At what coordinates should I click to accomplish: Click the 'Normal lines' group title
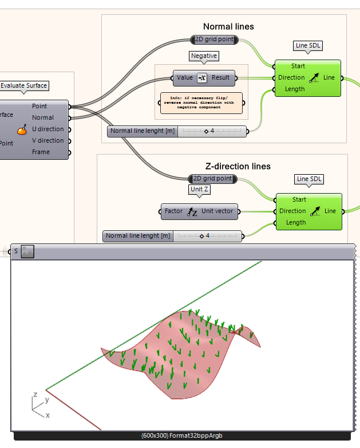click(228, 26)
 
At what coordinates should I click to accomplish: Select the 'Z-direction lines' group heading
click(237, 166)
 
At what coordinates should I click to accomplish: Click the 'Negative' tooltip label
click(204, 56)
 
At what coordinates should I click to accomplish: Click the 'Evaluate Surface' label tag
click(23, 85)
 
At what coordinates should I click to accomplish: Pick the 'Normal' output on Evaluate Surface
click(43, 117)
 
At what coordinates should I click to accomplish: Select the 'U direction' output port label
click(48, 129)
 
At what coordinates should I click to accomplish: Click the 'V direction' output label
click(48, 140)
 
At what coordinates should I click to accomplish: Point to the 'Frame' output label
click(41, 152)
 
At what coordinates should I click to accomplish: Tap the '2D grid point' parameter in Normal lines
click(213, 40)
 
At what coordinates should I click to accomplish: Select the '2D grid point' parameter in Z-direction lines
click(213, 178)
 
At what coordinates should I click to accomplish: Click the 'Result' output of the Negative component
click(220, 77)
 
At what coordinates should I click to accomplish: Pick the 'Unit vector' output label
click(217, 211)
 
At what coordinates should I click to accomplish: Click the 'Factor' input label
click(173, 211)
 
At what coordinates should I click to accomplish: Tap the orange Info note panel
click(200, 103)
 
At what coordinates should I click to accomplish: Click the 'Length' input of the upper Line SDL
click(295, 89)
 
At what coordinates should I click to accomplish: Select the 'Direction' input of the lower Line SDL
click(292, 211)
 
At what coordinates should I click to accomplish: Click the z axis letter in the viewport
click(35, 395)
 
